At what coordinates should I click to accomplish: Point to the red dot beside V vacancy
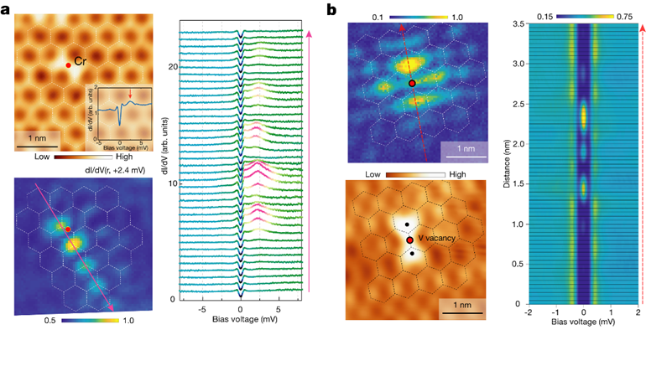410,240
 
